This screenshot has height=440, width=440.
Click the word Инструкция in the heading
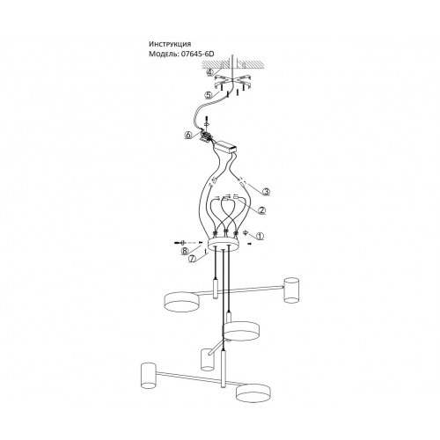pyautogui.click(x=170, y=44)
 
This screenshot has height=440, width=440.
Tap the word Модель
pyautogui.click(x=163, y=54)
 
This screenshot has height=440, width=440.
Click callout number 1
pyautogui.click(x=260, y=236)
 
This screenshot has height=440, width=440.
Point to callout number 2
pyautogui.click(x=261, y=210)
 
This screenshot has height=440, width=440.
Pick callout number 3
pyautogui.click(x=266, y=192)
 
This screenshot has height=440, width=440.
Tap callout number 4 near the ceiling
pyautogui.click(x=209, y=72)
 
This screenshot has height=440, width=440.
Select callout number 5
pyautogui.click(x=209, y=95)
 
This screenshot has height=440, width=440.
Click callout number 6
pyautogui.click(x=188, y=136)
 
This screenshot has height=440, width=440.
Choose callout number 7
pyautogui.click(x=192, y=259)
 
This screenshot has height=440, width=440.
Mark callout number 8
pyautogui.click(x=184, y=251)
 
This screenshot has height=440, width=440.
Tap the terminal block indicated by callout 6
pyautogui.click(x=206, y=136)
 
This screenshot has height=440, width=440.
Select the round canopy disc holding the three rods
pyautogui.click(x=224, y=244)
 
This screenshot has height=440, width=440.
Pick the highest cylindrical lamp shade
pyautogui.click(x=291, y=290)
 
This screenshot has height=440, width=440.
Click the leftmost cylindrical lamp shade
pyautogui.click(x=148, y=376)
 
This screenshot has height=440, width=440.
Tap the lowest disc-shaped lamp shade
pyautogui.click(x=253, y=393)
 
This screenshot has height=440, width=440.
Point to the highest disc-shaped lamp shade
pyautogui.click(x=182, y=301)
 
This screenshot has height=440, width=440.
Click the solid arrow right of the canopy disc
pyautogui.click(x=249, y=244)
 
